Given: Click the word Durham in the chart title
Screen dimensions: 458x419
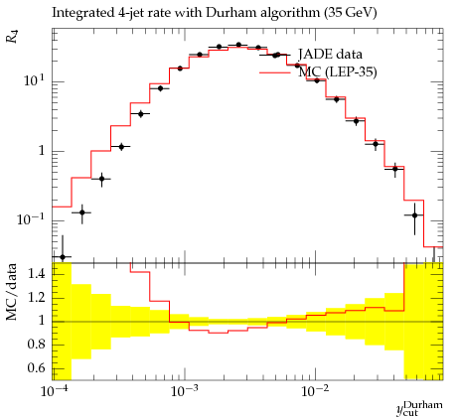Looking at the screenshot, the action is [230, 13].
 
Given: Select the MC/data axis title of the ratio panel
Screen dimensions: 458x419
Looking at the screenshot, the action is [11, 292].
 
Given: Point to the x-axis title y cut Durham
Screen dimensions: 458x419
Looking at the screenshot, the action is [419, 409].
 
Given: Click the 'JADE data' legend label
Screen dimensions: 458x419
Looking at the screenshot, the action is [330, 54].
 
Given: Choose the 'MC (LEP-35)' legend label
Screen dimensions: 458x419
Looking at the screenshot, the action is [338, 71].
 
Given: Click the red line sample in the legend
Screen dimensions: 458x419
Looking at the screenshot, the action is [275, 72].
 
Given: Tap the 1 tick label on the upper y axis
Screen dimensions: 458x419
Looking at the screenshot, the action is [42, 151].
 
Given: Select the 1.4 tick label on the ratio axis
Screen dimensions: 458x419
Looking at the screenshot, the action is [37, 273].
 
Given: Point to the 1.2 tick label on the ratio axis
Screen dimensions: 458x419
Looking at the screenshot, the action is [37, 297].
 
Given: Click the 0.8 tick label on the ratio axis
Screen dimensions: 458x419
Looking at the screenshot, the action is [37, 345].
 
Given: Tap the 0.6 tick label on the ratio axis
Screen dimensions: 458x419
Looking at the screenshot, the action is [37, 367].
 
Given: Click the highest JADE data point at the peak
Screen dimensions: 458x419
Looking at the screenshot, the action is [238, 45].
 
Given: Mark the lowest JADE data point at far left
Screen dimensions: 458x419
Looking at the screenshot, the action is [63, 256].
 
